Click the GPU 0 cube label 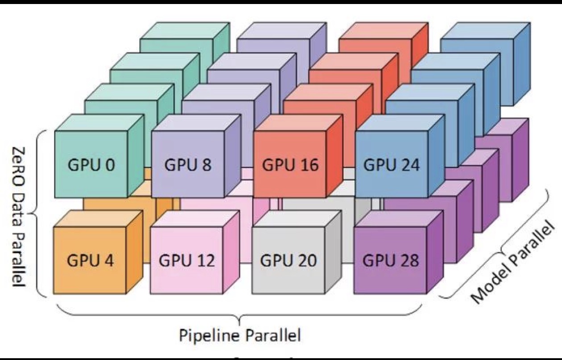point(91,165)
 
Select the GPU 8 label point(188,165)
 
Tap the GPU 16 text point(290,165)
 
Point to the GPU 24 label point(392,165)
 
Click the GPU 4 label point(90,260)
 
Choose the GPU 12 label point(187,260)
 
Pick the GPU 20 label point(289,260)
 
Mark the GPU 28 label point(391,260)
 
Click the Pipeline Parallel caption point(240,335)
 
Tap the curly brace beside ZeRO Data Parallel point(37,214)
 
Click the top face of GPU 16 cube point(298,123)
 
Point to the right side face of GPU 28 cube point(434,252)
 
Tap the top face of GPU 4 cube point(98,219)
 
